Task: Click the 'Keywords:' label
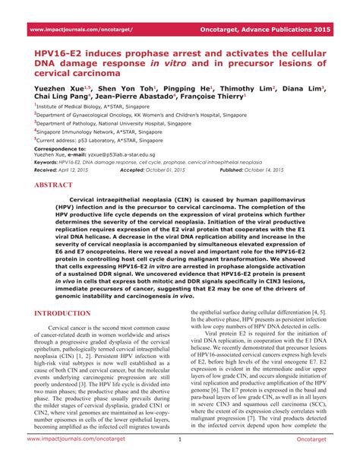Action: tap(46, 162)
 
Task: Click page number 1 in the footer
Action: tap(180, 460)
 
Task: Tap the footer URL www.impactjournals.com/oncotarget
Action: tap(78, 460)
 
